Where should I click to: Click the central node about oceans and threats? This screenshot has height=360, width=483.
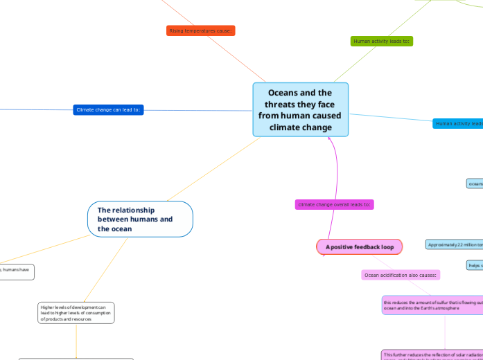(x=300, y=109)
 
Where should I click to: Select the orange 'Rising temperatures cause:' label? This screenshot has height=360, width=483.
(x=201, y=30)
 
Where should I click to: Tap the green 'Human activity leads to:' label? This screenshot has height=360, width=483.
(x=382, y=42)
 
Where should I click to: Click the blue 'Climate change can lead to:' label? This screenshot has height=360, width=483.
(x=108, y=109)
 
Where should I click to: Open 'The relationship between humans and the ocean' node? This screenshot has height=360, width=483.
(x=139, y=219)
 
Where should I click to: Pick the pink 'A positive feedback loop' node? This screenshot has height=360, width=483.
(x=360, y=246)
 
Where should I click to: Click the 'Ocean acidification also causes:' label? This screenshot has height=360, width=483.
(x=401, y=275)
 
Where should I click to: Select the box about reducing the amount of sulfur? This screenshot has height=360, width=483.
(x=432, y=305)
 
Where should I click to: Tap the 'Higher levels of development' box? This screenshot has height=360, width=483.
(x=76, y=313)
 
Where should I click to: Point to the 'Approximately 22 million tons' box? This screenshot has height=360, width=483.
(x=455, y=244)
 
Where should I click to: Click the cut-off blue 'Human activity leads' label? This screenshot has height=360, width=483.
(x=457, y=123)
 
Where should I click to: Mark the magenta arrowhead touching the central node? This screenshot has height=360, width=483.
(x=330, y=141)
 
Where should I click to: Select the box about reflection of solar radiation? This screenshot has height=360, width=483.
(x=432, y=355)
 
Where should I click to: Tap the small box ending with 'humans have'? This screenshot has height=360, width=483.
(x=16, y=271)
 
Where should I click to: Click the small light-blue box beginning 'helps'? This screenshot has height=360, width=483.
(x=475, y=265)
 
